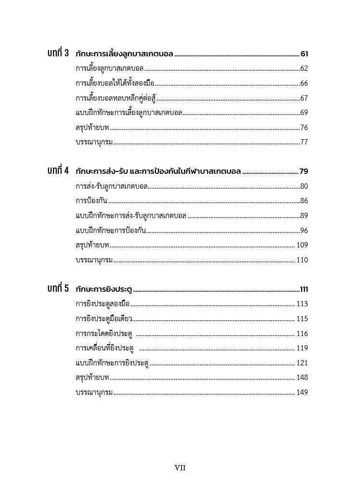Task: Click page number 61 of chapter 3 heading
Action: [x=304, y=53]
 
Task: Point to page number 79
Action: [x=303, y=171]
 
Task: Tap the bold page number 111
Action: [x=303, y=290]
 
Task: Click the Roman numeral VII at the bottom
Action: [x=180, y=468]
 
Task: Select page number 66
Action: [x=304, y=83]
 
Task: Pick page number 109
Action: [x=302, y=245]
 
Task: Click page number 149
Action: [x=302, y=392]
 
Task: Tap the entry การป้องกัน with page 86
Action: [x=91, y=201]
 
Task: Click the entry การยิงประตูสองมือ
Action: [x=103, y=304]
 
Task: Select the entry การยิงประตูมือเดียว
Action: [x=104, y=319]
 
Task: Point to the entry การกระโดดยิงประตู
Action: [x=104, y=334]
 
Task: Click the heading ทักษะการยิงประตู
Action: [x=103, y=290]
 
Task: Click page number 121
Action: [x=302, y=363]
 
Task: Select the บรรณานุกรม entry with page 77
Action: [x=94, y=142]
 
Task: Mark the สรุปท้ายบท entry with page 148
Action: [x=92, y=377]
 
